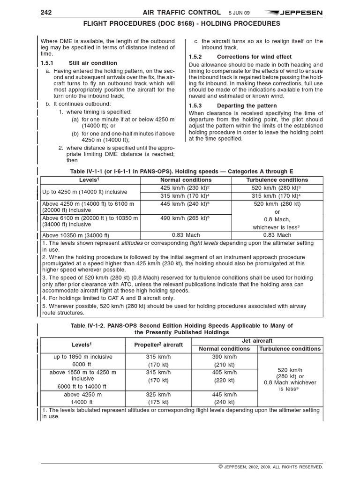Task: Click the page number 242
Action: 47,12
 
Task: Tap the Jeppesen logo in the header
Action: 294,13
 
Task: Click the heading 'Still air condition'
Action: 93,63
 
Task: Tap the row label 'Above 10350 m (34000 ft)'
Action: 76,235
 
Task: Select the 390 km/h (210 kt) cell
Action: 224,360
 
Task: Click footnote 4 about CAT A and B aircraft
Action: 109,298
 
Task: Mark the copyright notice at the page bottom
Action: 270,467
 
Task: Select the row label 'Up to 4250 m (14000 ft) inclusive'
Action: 84,192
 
